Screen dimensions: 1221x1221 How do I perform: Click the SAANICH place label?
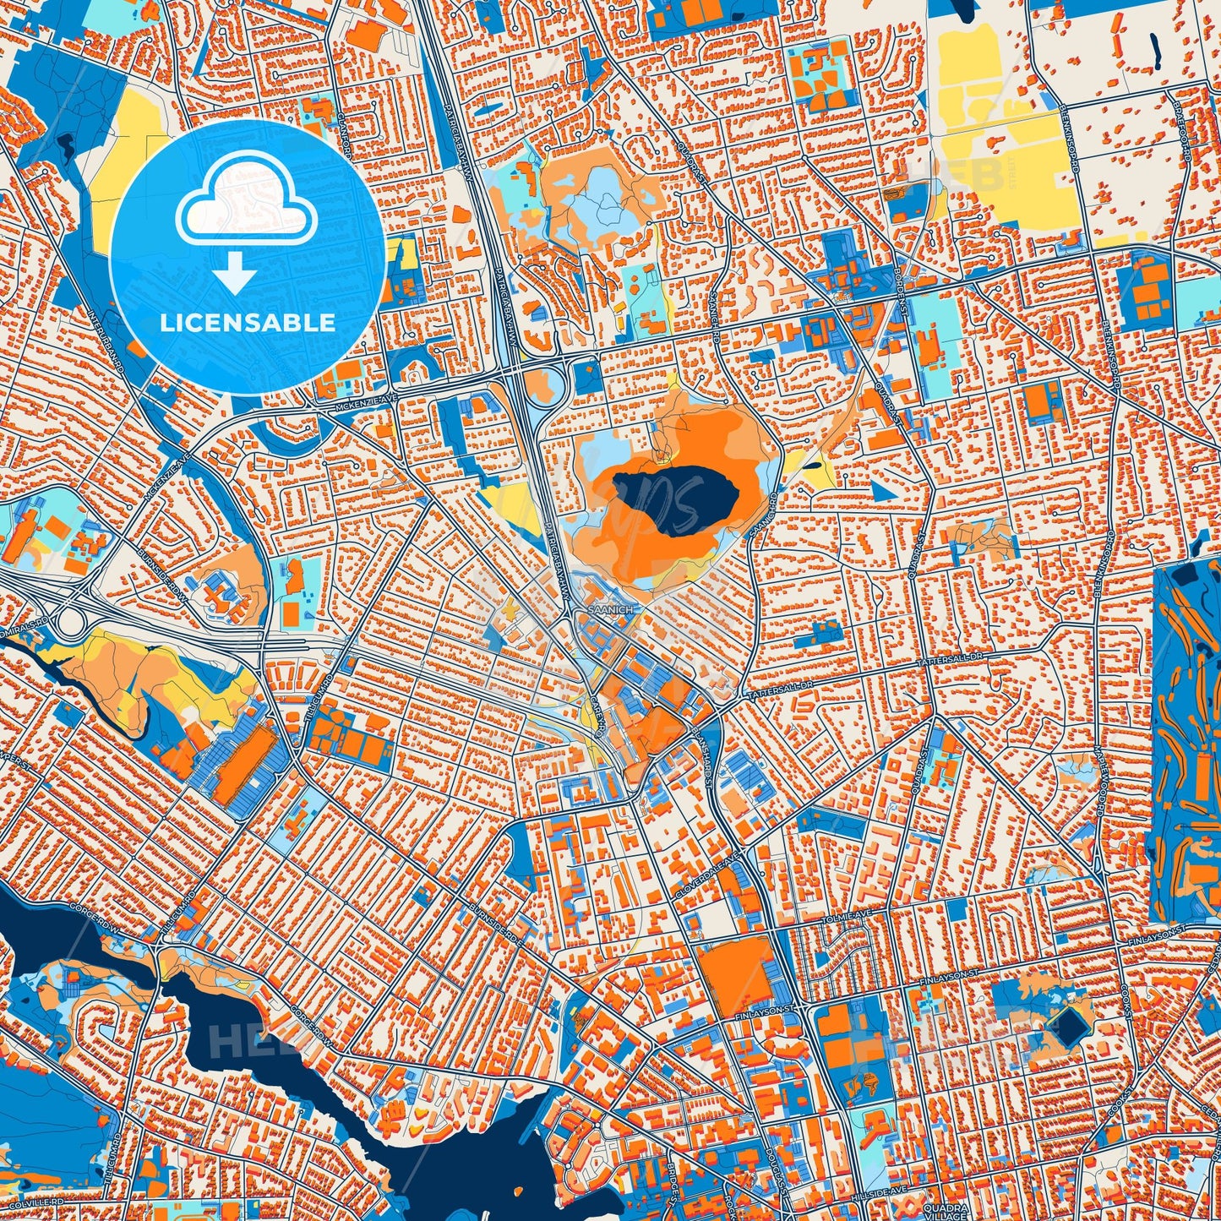606,608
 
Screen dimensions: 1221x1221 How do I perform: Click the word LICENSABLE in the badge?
248,323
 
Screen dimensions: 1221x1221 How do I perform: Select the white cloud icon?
247,207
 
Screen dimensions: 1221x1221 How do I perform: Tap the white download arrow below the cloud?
235,272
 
